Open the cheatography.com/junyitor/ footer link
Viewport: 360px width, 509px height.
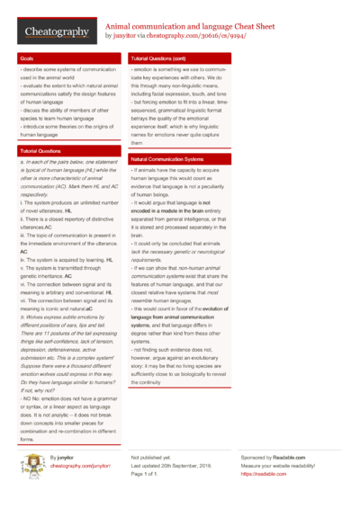tap(80, 467)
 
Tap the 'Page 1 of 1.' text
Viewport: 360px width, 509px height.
tap(148, 474)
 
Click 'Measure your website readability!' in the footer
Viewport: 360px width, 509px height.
tap(283, 466)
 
